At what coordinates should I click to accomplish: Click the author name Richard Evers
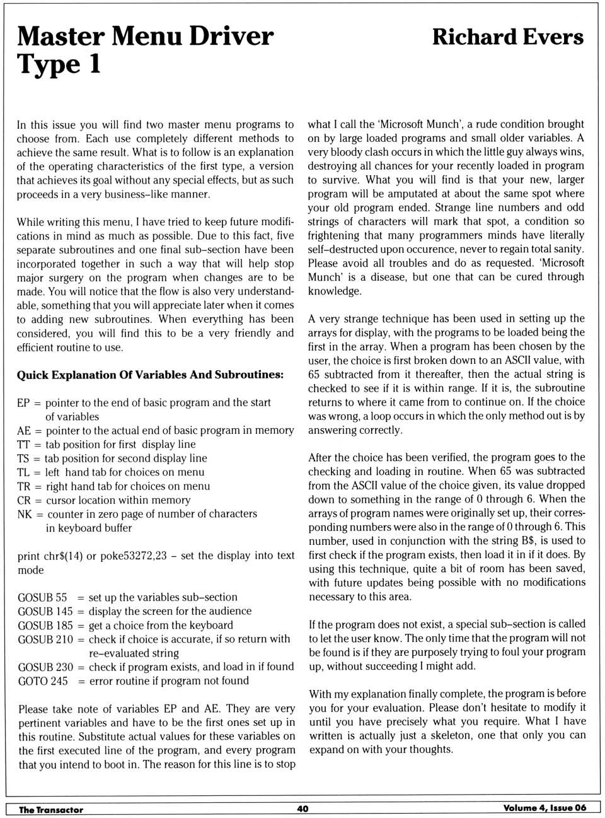[507, 37]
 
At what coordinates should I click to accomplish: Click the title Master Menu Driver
[145, 37]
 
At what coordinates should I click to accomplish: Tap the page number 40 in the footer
[302, 809]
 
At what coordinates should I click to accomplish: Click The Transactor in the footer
[51, 809]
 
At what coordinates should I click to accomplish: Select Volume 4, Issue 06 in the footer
[544, 808]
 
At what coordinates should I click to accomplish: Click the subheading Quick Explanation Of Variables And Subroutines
[150, 375]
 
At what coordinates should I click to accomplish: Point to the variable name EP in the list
[23, 402]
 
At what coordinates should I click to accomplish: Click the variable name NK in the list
[25, 514]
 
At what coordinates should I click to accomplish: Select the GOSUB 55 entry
[42, 597]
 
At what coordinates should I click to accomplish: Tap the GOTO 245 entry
[42, 681]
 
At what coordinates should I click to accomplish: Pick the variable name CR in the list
[24, 500]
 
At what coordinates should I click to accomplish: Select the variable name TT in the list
[23, 445]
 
